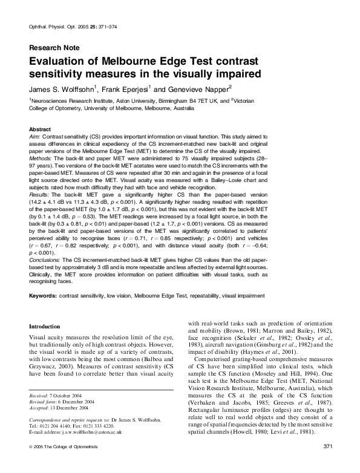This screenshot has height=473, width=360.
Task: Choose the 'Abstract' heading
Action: point(40,129)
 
